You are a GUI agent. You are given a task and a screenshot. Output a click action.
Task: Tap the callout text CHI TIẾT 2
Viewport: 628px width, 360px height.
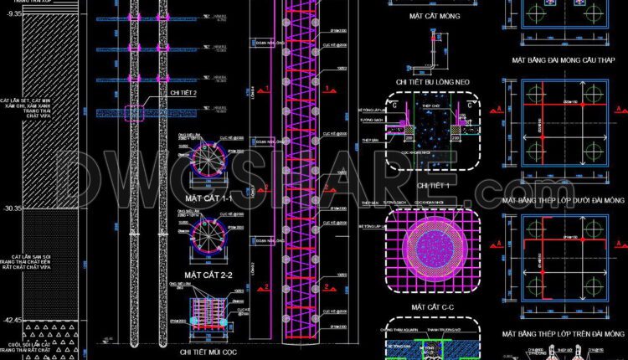point(183,93)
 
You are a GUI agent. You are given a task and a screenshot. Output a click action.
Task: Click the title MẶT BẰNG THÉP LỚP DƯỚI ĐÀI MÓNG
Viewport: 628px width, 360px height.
point(564,201)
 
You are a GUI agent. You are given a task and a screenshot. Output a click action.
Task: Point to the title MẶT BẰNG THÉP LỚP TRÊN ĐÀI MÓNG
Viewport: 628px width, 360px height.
point(564,334)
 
